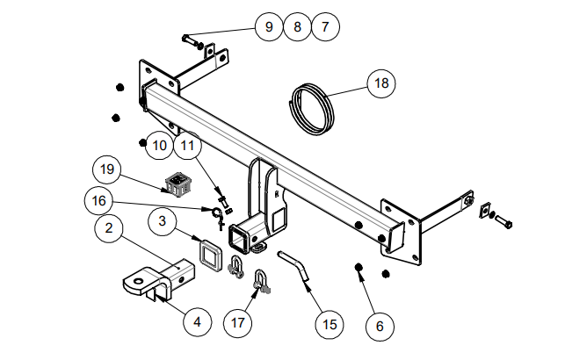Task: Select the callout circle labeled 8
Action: click(297, 27)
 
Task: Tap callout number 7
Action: click(325, 27)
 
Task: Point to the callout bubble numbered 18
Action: click(380, 83)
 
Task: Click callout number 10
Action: click(159, 144)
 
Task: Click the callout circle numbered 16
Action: click(99, 201)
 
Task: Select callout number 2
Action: click(108, 230)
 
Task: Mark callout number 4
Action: click(197, 321)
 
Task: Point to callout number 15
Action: click(330, 325)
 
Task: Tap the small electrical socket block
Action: click(178, 184)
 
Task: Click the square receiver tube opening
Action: click(241, 235)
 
